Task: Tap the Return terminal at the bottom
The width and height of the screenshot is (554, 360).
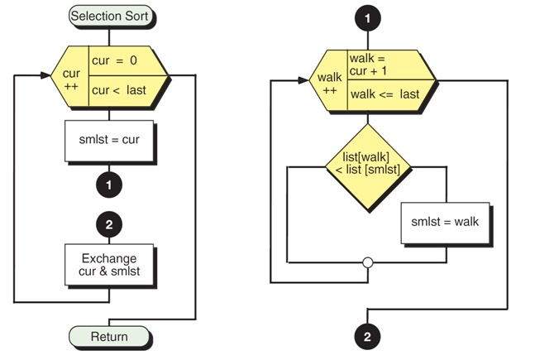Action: pyautogui.click(x=109, y=336)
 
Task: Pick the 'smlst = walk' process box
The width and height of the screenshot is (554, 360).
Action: pyautogui.click(x=444, y=222)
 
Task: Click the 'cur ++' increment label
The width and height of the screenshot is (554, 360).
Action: pyautogui.click(x=71, y=79)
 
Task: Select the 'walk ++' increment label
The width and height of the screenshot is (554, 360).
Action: pyautogui.click(x=330, y=84)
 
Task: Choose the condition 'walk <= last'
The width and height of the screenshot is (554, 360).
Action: pyautogui.click(x=386, y=94)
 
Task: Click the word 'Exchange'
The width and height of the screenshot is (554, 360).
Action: pyautogui.click(x=108, y=257)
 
